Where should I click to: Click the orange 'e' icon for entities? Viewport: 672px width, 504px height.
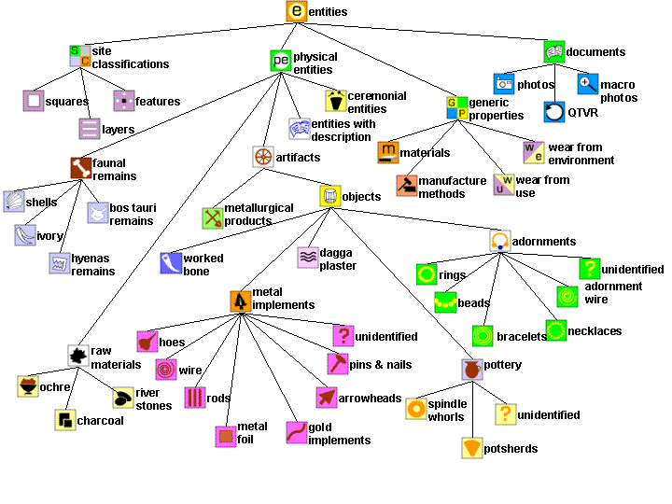point(297,11)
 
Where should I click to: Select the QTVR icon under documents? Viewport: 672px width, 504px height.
point(555,113)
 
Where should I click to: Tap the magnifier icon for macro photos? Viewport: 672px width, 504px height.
point(588,84)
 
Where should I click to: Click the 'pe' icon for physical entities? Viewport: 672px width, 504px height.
point(281,61)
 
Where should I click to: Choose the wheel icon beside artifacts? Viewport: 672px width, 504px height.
point(263,157)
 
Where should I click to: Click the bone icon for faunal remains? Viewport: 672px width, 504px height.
point(80,168)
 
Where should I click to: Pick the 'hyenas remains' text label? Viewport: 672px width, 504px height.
point(93,265)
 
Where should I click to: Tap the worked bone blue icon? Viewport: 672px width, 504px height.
point(171,263)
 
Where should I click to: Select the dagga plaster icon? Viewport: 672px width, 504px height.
point(308,258)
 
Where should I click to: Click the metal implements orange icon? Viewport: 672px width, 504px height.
point(241,301)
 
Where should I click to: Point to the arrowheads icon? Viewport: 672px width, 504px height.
point(327,399)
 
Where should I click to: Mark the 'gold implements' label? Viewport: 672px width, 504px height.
point(339,434)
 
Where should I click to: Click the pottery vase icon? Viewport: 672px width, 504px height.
point(472,370)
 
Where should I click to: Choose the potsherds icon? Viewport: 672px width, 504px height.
point(472,448)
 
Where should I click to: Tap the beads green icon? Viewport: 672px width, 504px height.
point(445,302)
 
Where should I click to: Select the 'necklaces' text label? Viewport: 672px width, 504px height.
point(595,331)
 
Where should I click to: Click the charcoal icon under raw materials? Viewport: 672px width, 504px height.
point(65,420)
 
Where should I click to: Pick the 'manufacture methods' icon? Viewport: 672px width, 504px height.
point(407,186)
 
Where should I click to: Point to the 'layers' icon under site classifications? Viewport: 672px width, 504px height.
point(90,129)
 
